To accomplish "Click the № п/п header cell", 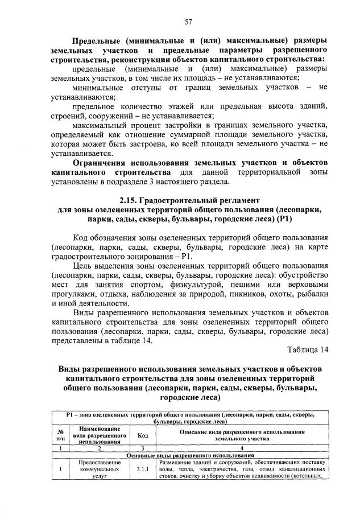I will click(x=60, y=435).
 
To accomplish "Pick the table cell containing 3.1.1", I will click(x=142, y=469).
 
